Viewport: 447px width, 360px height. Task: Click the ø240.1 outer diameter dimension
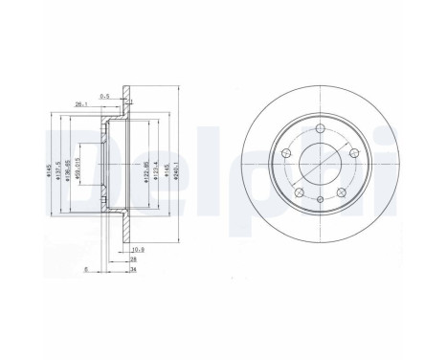(x=180, y=173)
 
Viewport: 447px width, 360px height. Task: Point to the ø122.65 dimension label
(x=140, y=173)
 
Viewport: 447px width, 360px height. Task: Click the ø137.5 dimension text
(x=57, y=173)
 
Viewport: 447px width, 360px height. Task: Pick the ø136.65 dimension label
(x=66, y=173)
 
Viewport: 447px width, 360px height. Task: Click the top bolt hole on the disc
(x=317, y=134)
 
